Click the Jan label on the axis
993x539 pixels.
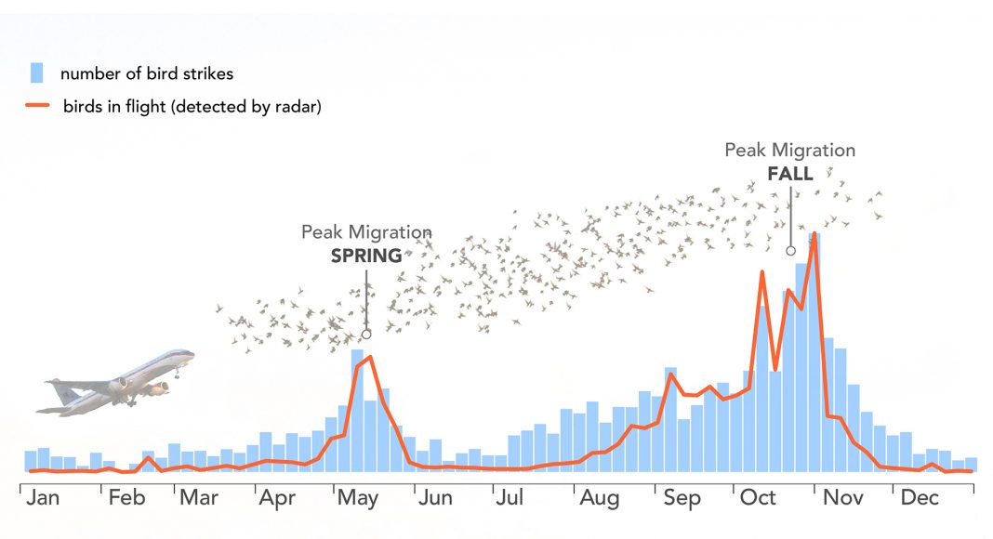coord(43,498)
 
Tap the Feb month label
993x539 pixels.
coord(126,498)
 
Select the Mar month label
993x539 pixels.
coord(199,498)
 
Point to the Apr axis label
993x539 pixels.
coord(277,499)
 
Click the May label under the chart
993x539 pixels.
coord(358,499)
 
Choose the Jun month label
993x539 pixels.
coord(434,498)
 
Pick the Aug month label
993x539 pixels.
coord(600,499)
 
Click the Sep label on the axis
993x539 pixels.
coord(682,499)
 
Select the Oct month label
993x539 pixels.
coord(758,498)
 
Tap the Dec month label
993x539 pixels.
coord(920,498)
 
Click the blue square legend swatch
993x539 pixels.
coord(37,73)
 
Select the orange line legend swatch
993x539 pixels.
coord(36,107)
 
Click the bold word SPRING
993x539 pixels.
coord(366,256)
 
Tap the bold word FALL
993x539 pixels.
coord(790,173)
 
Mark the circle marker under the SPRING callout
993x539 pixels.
coord(366,334)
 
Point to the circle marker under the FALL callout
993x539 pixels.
coord(790,250)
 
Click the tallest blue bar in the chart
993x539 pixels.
coord(814,353)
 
